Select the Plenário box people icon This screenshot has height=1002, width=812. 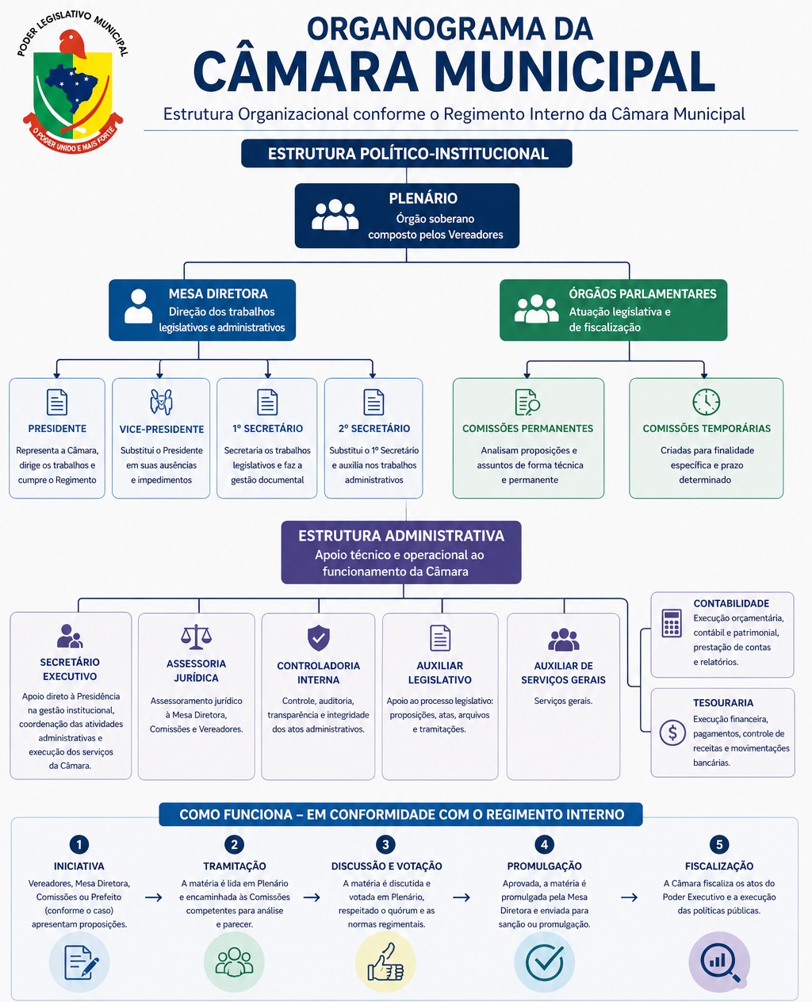click(335, 215)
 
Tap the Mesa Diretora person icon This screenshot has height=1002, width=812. click(139, 306)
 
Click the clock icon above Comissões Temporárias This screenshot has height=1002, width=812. click(706, 402)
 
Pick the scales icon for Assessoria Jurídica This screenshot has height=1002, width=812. click(196, 637)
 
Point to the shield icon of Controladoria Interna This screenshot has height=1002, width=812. click(318, 637)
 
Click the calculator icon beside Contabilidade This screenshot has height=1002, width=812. click(672, 623)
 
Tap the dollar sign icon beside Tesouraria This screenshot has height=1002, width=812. click(672, 732)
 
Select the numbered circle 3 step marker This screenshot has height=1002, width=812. click(385, 844)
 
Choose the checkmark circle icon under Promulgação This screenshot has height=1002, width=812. click(544, 962)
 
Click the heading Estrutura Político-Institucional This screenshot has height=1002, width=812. click(407, 154)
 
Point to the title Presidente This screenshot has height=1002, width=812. click(57, 429)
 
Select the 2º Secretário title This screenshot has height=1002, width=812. click(373, 429)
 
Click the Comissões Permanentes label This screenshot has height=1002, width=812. click(527, 429)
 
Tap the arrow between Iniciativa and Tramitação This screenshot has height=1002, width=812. click(154, 897)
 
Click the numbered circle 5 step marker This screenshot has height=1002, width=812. click(719, 844)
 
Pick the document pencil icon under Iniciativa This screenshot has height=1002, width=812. click(79, 962)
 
